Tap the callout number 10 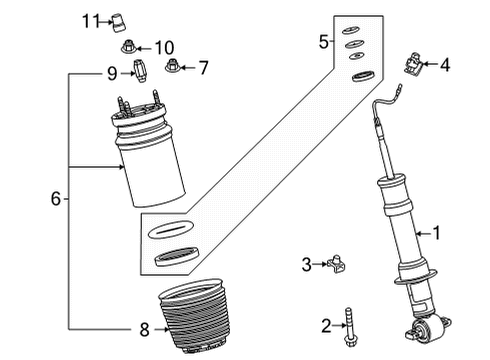point(163,47)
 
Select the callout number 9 point(113,72)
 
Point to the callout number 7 point(203,68)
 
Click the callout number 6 point(56,199)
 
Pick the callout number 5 point(323,42)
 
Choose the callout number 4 point(445,66)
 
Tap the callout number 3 point(307,264)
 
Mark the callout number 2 point(325,326)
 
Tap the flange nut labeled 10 point(131,47)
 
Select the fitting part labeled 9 point(139,73)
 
